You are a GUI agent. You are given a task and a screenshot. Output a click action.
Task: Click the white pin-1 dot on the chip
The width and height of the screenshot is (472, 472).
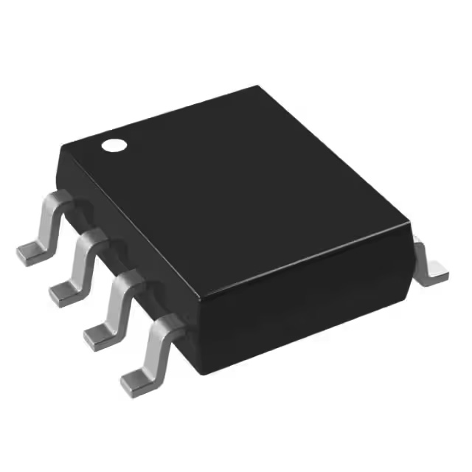point(114,145)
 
